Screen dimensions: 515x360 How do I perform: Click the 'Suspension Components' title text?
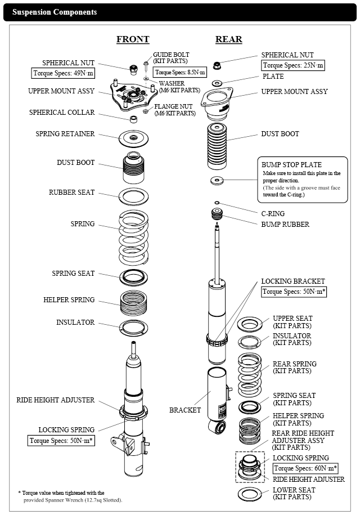(x=55, y=12)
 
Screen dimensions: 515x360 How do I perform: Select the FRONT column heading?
(x=133, y=39)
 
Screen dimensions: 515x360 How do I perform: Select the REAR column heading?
(x=228, y=39)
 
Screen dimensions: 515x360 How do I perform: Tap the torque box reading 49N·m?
(x=63, y=73)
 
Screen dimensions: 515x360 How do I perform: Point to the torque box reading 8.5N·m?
(x=180, y=73)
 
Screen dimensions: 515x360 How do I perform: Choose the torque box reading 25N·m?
(x=294, y=65)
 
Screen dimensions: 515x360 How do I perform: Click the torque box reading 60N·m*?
(x=306, y=468)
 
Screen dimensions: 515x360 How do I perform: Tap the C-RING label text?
(x=273, y=214)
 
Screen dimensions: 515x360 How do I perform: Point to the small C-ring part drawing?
(x=217, y=203)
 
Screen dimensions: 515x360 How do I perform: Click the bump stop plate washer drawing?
(x=217, y=181)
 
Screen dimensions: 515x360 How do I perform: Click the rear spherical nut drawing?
(x=217, y=60)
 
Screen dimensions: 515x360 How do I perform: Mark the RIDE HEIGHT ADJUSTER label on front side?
(x=55, y=400)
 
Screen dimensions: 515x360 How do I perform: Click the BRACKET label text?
(x=185, y=410)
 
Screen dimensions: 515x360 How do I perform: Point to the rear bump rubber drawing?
(x=217, y=215)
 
